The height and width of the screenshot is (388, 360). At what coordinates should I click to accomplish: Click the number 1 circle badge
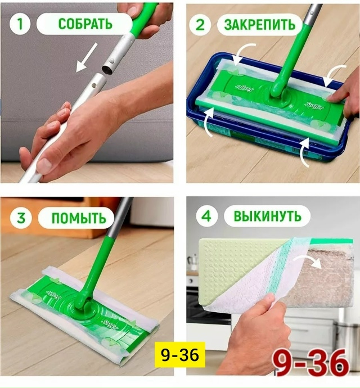[x=20, y=24]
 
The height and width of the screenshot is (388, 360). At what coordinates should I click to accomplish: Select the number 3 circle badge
[x=20, y=216]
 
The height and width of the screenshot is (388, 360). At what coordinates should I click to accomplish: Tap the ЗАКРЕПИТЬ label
[x=259, y=25]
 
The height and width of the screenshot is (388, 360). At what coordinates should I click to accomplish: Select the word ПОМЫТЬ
[x=78, y=217]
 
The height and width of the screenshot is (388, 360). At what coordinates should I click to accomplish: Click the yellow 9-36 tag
[x=179, y=355]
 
